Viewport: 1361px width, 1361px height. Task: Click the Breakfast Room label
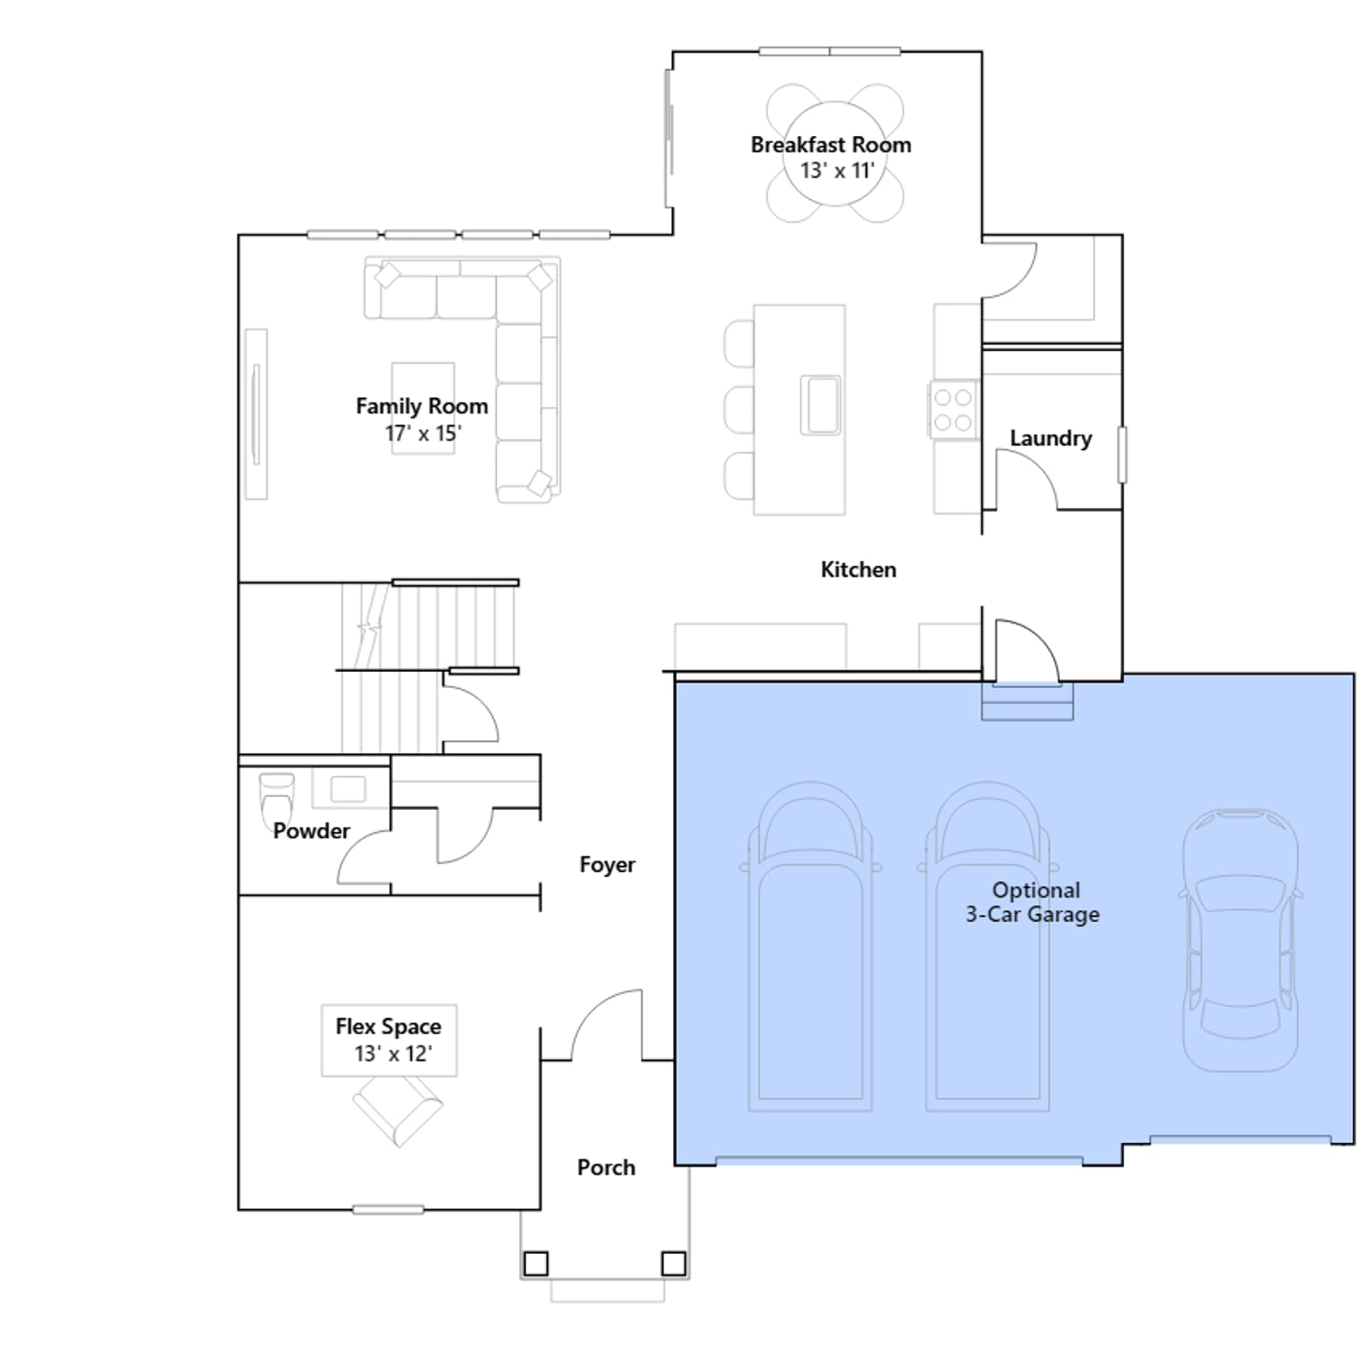pos(830,145)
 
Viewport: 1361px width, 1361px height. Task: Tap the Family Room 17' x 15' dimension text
pos(423,433)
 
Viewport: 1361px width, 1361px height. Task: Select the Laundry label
pos(1051,438)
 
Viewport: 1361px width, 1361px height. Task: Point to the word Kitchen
pos(858,569)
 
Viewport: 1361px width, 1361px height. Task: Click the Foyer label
pos(607,865)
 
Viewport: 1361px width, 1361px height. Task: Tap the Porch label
pos(606,1167)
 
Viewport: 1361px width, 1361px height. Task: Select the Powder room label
pos(311,831)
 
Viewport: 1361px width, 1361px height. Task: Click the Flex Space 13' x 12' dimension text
pos(393,1054)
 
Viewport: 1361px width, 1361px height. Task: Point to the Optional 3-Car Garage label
pos(1034,903)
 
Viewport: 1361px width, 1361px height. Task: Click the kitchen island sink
pos(821,406)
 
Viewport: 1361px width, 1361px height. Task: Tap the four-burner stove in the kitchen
pos(953,409)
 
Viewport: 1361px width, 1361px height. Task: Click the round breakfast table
pos(834,153)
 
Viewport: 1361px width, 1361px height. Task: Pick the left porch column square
pos(536,1263)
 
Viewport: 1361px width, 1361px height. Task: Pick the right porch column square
pos(674,1263)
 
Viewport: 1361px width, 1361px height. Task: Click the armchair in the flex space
pos(397,1110)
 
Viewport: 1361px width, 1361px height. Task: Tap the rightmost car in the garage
pos(1240,940)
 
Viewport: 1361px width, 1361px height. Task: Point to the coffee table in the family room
pos(423,408)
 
